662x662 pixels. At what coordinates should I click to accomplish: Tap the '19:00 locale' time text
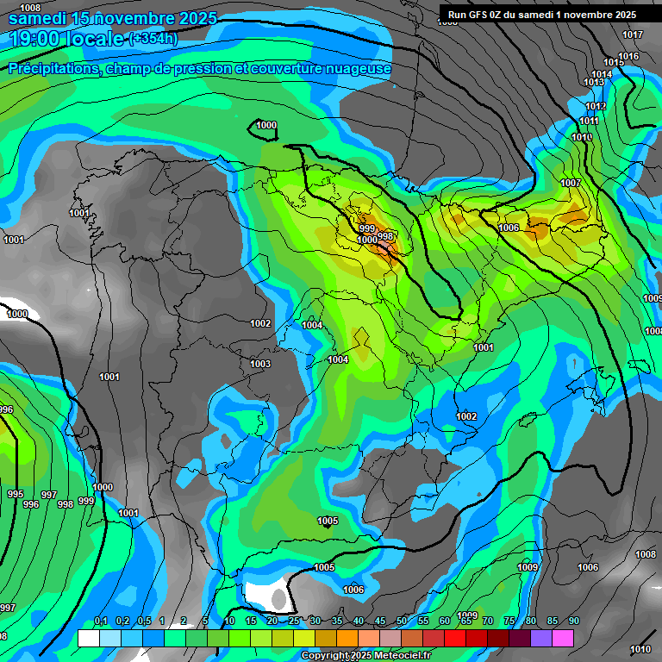[x=67, y=39]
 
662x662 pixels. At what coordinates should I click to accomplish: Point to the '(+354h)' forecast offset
[x=153, y=39]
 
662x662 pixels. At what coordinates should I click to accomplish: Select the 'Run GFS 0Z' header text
[x=483, y=15]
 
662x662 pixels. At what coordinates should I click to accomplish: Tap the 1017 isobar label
[x=633, y=35]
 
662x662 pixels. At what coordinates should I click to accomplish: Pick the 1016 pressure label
[x=628, y=57]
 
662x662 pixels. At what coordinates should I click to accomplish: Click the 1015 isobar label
[x=614, y=63]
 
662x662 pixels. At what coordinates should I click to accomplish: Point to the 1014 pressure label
[x=602, y=75]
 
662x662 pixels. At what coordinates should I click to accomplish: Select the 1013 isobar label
[x=594, y=83]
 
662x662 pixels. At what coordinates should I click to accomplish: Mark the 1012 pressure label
[x=596, y=107]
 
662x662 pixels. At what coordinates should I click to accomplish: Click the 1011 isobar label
[x=589, y=122]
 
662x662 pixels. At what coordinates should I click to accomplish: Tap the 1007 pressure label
[x=570, y=184]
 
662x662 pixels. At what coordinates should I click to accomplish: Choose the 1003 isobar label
[x=260, y=365]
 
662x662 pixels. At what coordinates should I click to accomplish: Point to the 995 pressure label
[x=15, y=495]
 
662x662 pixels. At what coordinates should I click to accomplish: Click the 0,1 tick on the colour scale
[x=101, y=621]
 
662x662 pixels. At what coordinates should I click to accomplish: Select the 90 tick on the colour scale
[x=574, y=621]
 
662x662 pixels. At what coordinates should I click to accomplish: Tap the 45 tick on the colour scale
[x=380, y=621]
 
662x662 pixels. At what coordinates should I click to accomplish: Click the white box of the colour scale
[x=88, y=638]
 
